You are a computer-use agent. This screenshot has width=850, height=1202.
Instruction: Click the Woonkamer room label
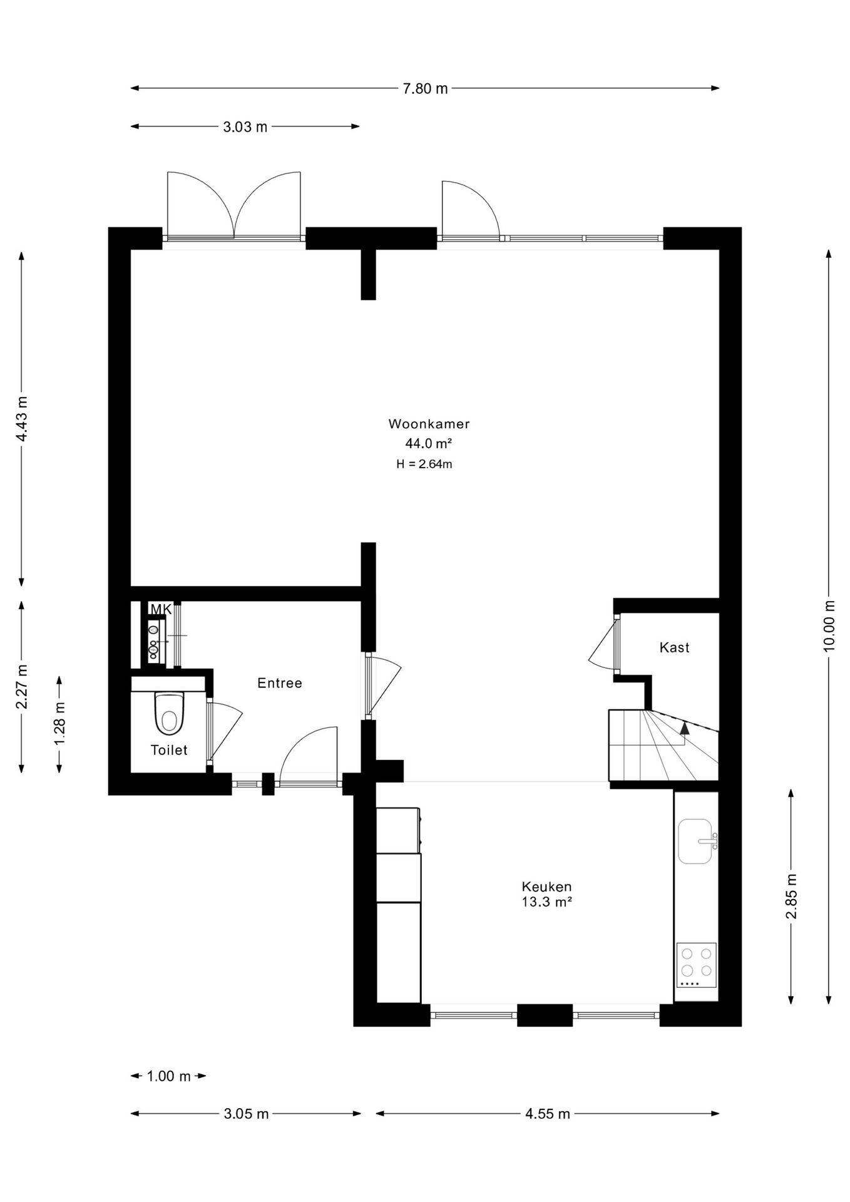[429, 424]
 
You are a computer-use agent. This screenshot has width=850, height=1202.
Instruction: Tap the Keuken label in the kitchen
[546, 886]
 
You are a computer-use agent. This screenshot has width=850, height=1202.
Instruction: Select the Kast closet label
[674, 647]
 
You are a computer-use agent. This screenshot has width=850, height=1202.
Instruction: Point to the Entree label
[280, 683]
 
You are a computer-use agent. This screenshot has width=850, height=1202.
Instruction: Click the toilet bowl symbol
[169, 713]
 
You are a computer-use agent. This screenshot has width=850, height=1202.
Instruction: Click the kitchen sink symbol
[697, 841]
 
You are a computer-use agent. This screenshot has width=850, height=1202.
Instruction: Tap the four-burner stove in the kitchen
[697, 965]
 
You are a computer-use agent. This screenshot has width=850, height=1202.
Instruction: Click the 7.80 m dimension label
[425, 89]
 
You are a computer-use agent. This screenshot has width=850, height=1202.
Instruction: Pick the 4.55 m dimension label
[547, 1114]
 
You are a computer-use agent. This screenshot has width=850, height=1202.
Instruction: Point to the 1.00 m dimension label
[168, 1076]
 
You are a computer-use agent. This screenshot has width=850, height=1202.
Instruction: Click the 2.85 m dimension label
[791, 896]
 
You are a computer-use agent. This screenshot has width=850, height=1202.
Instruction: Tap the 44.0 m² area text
[429, 444]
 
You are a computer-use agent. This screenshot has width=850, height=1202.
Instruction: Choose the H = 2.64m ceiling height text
[424, 464]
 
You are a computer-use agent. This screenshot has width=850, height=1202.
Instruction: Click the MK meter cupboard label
[161, 609]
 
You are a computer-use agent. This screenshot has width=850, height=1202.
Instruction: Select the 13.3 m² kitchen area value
[546, 902]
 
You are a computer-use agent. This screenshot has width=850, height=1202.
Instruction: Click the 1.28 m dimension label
[59, 724]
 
